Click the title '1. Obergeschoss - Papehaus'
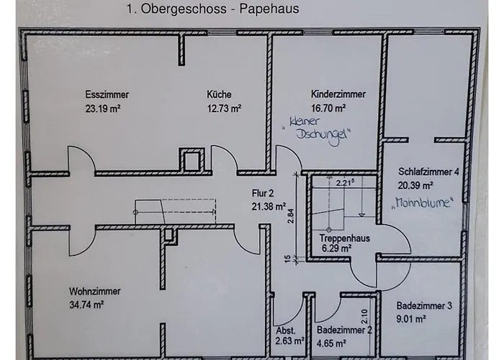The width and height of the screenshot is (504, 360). point(212,10)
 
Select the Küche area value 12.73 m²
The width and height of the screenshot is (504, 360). point(223,108)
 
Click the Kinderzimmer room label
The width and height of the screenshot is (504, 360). point(338,94)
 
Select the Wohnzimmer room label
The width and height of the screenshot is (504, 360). point(94,292)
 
